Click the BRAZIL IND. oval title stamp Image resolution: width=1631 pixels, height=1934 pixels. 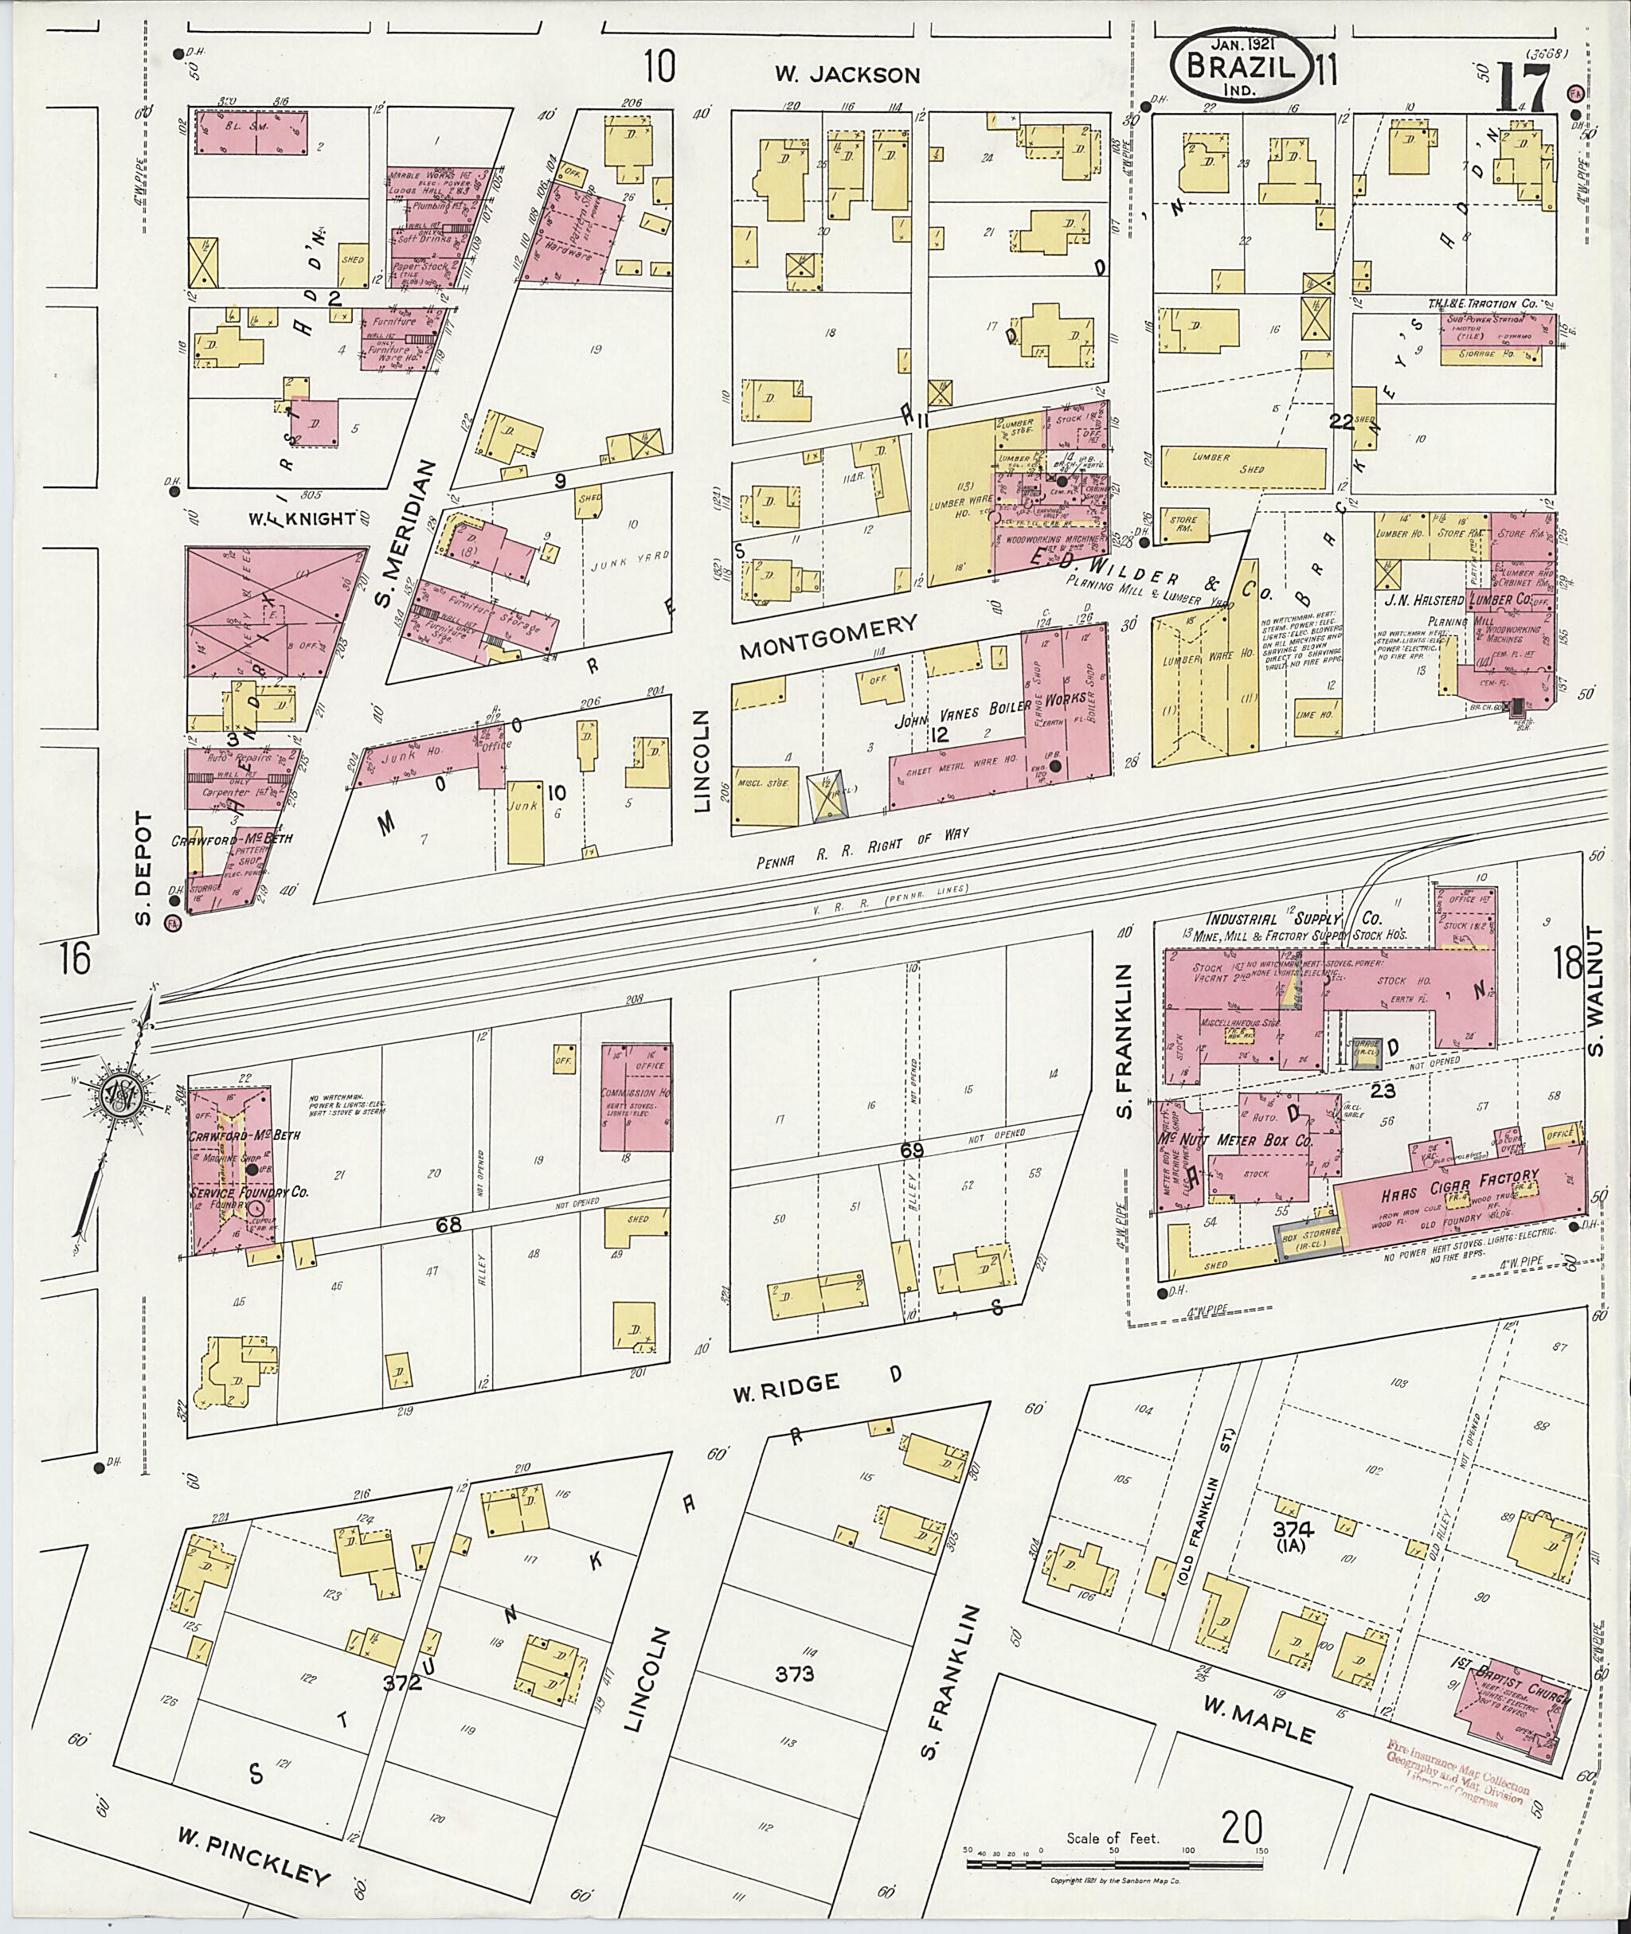point(1241,67)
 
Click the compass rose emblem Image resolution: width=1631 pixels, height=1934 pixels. point(120,1096)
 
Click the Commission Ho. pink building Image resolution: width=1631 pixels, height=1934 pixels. point(634,1096)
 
